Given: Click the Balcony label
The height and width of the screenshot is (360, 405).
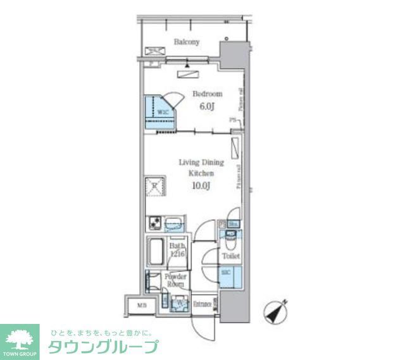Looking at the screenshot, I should (x=187, y=42).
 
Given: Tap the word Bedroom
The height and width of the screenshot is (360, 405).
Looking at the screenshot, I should (x=207, y=94).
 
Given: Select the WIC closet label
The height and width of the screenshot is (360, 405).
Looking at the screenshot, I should (x=163, y=113).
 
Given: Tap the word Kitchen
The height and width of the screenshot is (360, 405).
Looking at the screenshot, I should (x=201, y=173).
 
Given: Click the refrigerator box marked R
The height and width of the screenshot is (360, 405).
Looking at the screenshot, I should (x=154, y=185).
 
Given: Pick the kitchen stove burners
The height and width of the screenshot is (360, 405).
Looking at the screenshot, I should (x=154, y=223).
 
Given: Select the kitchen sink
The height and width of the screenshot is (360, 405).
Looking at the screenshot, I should (x=173, y=225).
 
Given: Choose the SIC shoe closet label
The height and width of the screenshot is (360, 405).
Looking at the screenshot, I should (x=227, y=273).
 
